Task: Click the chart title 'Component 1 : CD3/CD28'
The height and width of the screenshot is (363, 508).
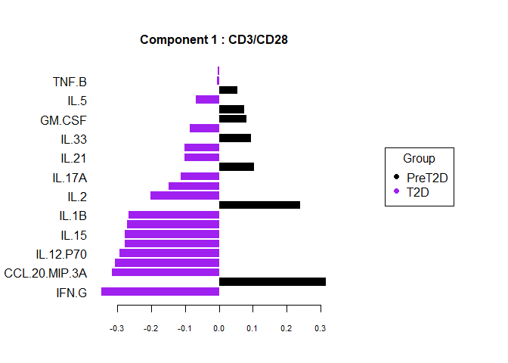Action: point(214,39)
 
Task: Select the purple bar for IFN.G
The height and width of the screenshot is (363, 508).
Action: point(160,291)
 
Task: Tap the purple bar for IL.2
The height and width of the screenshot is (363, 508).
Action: point(185,195)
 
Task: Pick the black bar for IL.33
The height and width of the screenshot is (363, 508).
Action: point(235,138)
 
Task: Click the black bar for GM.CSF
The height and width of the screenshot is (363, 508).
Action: point(233,119)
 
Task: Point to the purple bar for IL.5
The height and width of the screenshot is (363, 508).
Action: point(208,99)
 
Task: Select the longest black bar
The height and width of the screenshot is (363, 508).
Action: point(272,281)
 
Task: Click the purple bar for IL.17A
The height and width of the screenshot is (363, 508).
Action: point(200,176)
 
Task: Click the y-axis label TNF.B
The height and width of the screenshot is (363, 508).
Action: point(70,81)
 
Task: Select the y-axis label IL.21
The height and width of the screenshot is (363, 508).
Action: point(73,158)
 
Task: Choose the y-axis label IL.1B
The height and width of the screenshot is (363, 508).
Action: point(73,216)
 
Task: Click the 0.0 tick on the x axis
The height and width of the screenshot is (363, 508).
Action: point(219,329)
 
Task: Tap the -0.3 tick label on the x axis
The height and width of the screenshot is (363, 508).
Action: point(117,329)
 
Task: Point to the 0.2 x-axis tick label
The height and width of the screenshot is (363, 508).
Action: point(287,329)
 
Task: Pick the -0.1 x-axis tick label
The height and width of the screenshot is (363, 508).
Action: point(185,329)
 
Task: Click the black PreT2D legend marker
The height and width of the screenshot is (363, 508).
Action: point(397,177)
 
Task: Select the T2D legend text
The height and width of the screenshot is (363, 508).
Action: point(419,192)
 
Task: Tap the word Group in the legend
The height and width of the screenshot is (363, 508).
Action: point(419,159)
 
